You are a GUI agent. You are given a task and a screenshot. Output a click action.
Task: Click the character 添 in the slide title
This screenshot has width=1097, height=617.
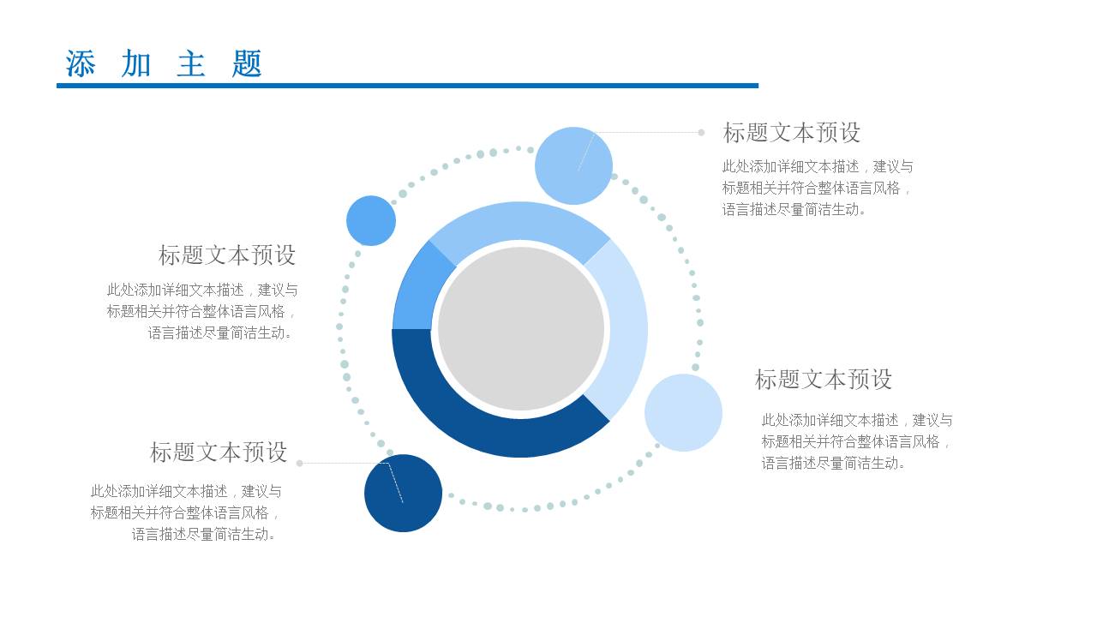point(81,64)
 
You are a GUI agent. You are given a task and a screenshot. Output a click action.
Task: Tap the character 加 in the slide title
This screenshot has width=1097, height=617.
point(136,64)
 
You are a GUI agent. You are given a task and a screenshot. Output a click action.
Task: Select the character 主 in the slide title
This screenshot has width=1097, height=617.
point(191,64)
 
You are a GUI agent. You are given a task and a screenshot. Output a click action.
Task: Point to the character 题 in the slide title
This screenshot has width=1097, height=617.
point(247,64)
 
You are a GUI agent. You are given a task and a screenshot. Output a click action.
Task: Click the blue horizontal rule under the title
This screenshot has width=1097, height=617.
point(407,86)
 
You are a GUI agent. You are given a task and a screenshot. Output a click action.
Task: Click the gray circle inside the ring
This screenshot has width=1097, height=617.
point(521,329)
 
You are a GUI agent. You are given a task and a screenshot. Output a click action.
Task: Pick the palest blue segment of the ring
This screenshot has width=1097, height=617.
point(625,330)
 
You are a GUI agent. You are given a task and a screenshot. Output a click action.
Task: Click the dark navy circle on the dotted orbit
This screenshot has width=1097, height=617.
point(403,494)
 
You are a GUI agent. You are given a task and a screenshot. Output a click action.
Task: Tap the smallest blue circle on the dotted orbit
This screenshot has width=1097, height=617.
point(371,220)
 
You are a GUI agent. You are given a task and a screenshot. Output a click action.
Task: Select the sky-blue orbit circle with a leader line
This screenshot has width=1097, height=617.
point(573,165)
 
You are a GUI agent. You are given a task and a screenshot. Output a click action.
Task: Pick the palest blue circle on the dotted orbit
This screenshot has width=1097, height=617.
point(683,413)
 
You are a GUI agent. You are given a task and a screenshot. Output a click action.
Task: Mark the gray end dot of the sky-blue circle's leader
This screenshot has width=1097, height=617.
point(701,133)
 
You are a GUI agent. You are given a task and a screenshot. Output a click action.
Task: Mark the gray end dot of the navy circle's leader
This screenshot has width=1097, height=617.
point(299,463)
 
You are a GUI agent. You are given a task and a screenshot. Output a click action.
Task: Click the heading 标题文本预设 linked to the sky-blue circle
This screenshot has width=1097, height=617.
point(791,133)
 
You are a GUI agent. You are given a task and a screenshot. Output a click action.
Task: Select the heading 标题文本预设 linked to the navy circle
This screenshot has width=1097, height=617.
point(219,452)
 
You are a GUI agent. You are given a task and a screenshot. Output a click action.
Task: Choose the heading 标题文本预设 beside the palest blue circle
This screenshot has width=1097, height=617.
point(823,379)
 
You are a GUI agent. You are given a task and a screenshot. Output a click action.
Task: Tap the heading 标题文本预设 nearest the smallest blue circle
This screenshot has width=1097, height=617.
point(227,255)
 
